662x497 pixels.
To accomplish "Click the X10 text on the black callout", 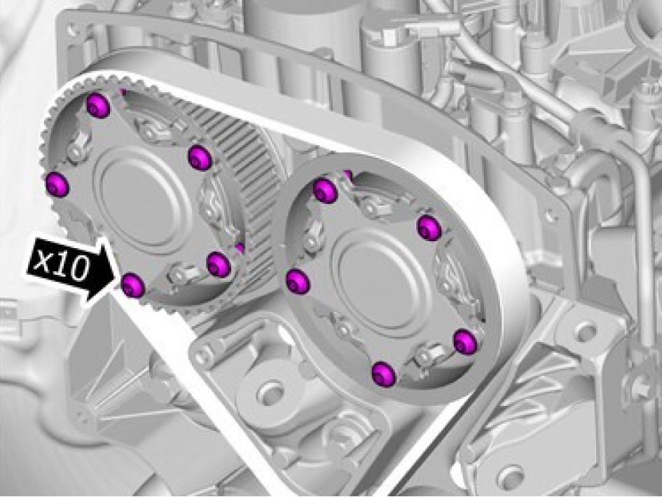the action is point(61,264).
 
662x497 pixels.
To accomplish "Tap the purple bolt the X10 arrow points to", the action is point(133,285).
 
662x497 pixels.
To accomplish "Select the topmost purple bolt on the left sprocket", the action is point(98,106).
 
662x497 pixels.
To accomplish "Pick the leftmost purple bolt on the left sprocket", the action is point(57,184).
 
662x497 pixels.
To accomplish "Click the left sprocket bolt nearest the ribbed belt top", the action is point(200,158).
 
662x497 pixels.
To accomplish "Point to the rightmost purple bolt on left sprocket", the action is point(219,264).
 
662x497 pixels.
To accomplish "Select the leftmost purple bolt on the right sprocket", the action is point(298,282).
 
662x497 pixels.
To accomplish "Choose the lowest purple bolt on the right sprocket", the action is point(384,374).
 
